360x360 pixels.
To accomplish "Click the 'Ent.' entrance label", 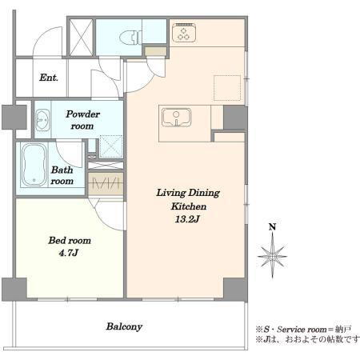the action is pos(49,78).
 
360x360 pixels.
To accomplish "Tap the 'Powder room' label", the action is pos(82,120).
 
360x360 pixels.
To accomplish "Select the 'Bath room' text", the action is pos(62,175).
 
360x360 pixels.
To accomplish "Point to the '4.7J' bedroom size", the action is pos(68,253).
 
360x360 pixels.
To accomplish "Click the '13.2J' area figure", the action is pos(187,219).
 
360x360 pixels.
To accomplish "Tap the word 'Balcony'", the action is pos(124,326).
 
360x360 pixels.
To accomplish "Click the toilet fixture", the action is pos(130,38).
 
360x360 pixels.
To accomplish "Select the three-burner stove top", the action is pos(184,33).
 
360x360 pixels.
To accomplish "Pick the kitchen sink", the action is pos(177,118).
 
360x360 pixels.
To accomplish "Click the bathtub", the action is pos(34,165).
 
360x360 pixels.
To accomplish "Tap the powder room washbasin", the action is pos(42,120).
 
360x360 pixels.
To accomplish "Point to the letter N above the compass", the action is pos(272,227).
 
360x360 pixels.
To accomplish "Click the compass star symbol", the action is pos(272,257).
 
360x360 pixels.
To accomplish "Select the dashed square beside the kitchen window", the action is pos(227,88).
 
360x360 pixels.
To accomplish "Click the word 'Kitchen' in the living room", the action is pos(189,206).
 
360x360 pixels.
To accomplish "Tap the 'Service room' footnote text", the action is pos(302,330).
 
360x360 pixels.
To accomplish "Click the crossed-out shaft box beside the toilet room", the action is pos(81,37).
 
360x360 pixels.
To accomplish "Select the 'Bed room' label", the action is pos(70,241).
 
